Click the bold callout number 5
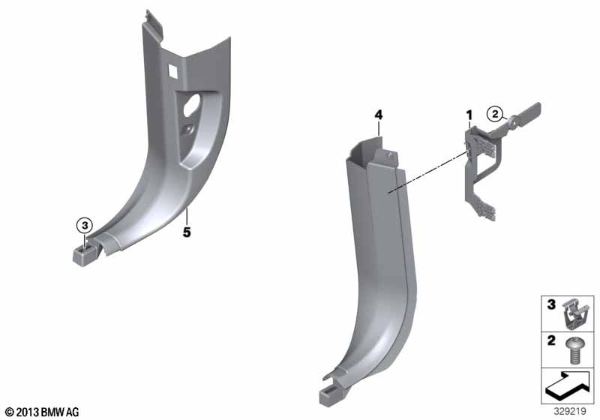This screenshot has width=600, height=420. tap(186, 232)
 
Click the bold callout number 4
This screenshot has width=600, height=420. tap(379, 115)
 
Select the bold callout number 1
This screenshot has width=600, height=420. tap(469, 115)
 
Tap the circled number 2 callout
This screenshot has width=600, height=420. tap(495, 114)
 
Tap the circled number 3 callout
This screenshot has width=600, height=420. tap(85, 226)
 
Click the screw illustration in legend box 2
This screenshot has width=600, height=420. tap(574, 350)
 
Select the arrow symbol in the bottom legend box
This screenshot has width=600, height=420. tap(567, 386)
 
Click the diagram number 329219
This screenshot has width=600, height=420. tap(570, 411)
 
